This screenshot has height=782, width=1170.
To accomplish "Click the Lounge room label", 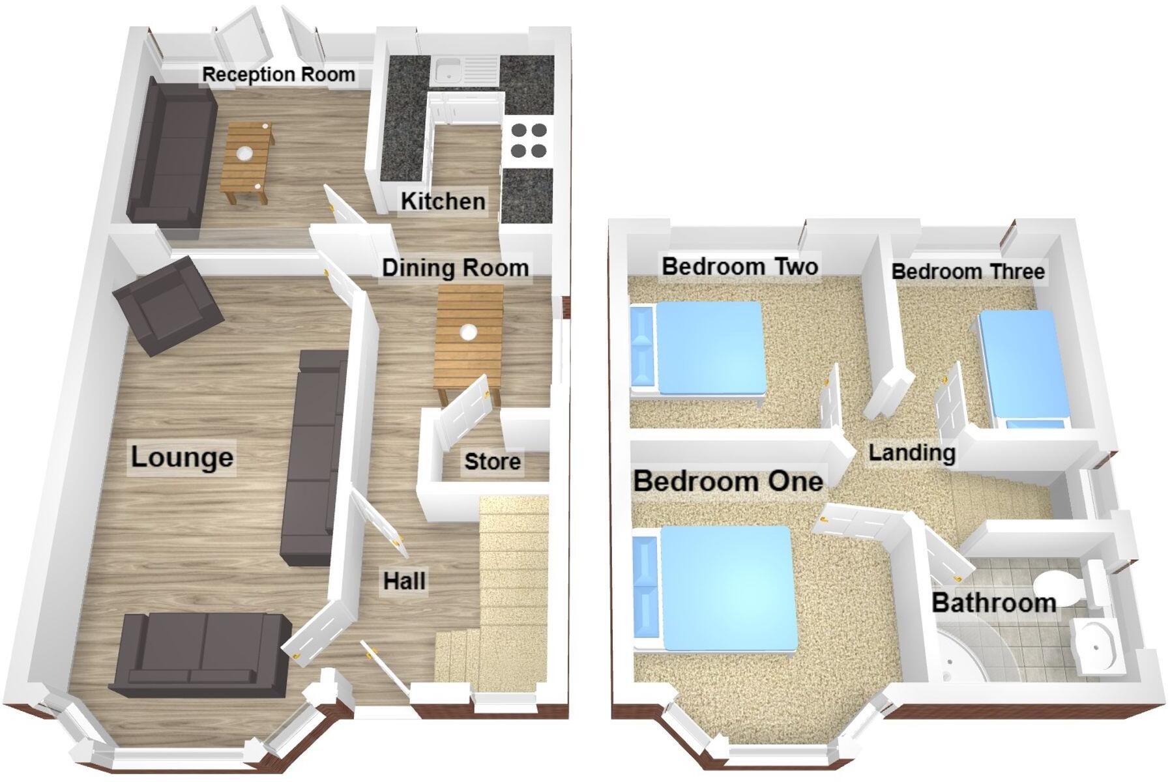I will [182, 457].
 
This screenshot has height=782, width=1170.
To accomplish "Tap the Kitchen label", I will [443, 201].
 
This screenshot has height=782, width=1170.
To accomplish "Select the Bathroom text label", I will [993, 603].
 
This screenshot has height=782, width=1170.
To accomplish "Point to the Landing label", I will [912, 453].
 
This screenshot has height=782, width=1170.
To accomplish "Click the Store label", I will [492, 462].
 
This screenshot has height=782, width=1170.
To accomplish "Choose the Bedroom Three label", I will [968, 271].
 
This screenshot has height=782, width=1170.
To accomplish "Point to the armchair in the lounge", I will [168, 305].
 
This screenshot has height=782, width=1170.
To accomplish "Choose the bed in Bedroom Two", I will [697, 349].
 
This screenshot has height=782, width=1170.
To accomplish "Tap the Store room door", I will [464, 411].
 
